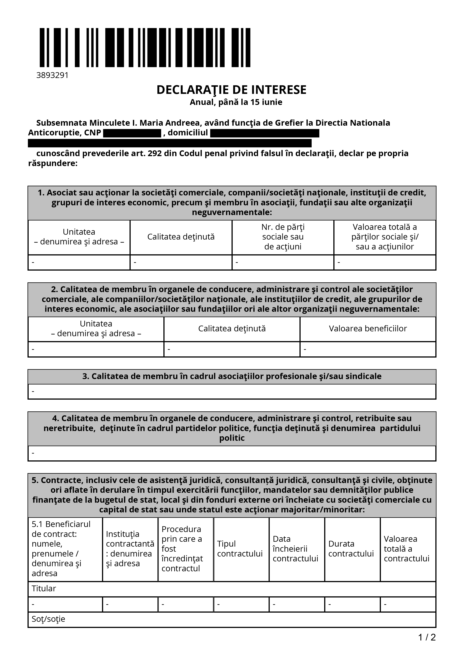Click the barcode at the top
pyautogui.click(x=145, y=47)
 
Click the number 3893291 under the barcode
pyautogui.click(x=52, y=75)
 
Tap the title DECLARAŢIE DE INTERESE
pyautogui.click(x=231, y=90)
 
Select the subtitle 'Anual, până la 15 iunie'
pyautogui.click(x=236, y=102)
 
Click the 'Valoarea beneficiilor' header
pyautogui.click(x=368, y=329)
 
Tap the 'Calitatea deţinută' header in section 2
pyautogui.click(x=232, y=329)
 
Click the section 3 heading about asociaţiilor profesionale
pyautogui.click(x=232, y=376)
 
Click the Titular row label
pyautogui.click(x=44, y=588)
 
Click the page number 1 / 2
pyautogui.click(x=427, y=637)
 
